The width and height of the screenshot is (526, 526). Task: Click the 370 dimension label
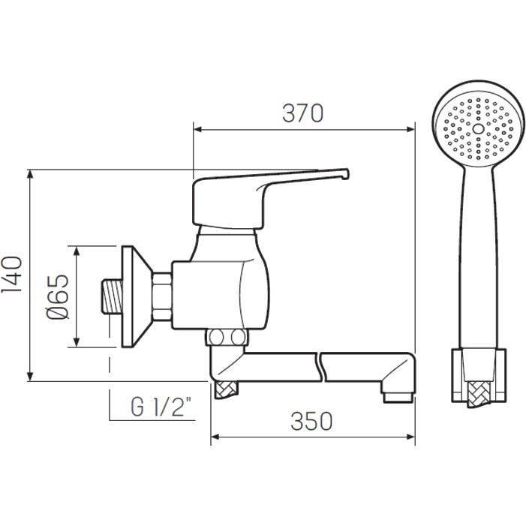tap(302, 113)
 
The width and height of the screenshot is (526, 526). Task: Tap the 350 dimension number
tap(311, 421)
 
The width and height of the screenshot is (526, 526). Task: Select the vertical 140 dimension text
tap(12, 275)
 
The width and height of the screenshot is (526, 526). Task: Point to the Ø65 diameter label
tap(57, 296)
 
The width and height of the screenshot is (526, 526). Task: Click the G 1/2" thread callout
tap(161, 407)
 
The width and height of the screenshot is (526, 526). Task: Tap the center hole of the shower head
tap(478, 129)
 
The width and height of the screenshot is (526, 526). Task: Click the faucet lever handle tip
tap(346, 174)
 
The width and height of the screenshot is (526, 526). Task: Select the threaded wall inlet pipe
tap(112, 297)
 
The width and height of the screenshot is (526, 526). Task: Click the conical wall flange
tap(136, 296)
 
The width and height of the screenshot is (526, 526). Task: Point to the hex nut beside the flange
tap(161, 296)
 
